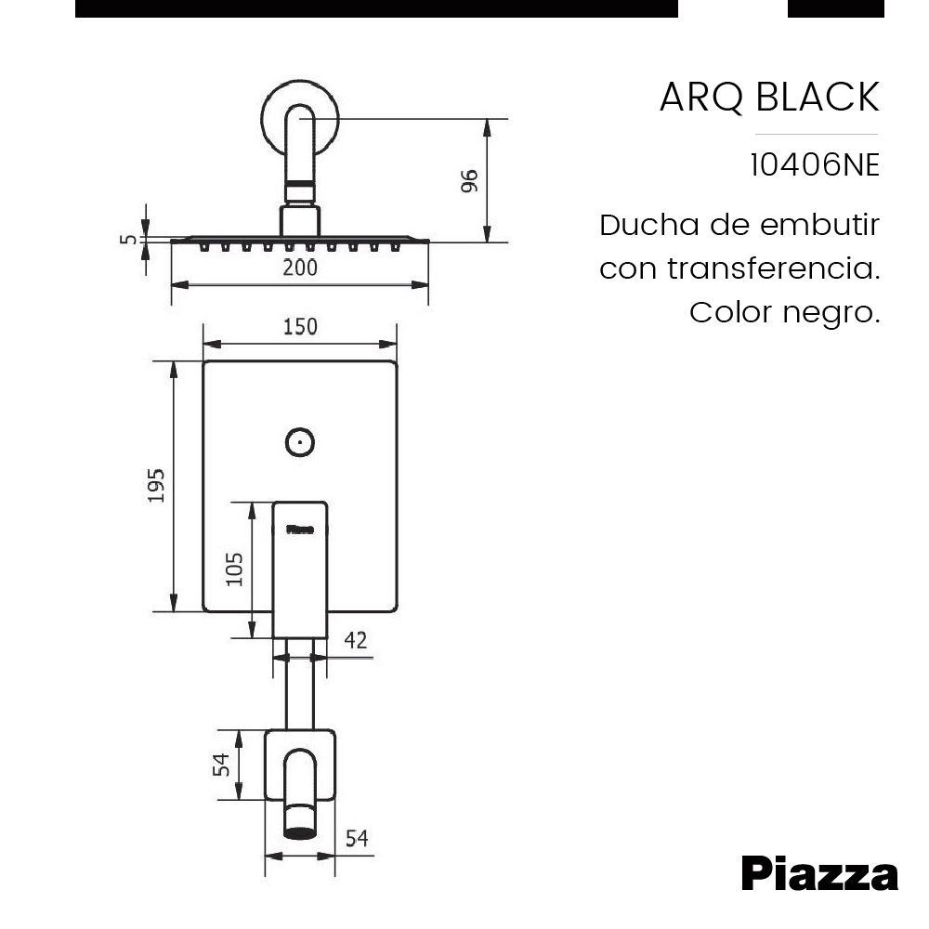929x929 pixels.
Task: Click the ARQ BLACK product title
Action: click(768, 98)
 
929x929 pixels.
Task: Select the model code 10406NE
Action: click(814, 165)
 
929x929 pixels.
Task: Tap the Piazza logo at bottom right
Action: click(819, 874)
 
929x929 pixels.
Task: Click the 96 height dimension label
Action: click(469, 181)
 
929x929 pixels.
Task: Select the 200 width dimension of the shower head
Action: click(299, 268)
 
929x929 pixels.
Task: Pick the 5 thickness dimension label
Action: click(130, 240)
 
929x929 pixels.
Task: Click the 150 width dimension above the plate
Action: click(299, 327)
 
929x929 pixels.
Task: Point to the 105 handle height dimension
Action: click(235, 569)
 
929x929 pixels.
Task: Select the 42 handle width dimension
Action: click(355, 640)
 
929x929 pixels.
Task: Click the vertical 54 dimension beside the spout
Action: click(221, 765)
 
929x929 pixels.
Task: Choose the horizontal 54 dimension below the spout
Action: click(357, 839)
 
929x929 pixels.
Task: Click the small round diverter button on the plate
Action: click(299, 442)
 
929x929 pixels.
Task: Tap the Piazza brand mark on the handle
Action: click(299, 530)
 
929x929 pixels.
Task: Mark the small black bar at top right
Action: click(835, 8)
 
